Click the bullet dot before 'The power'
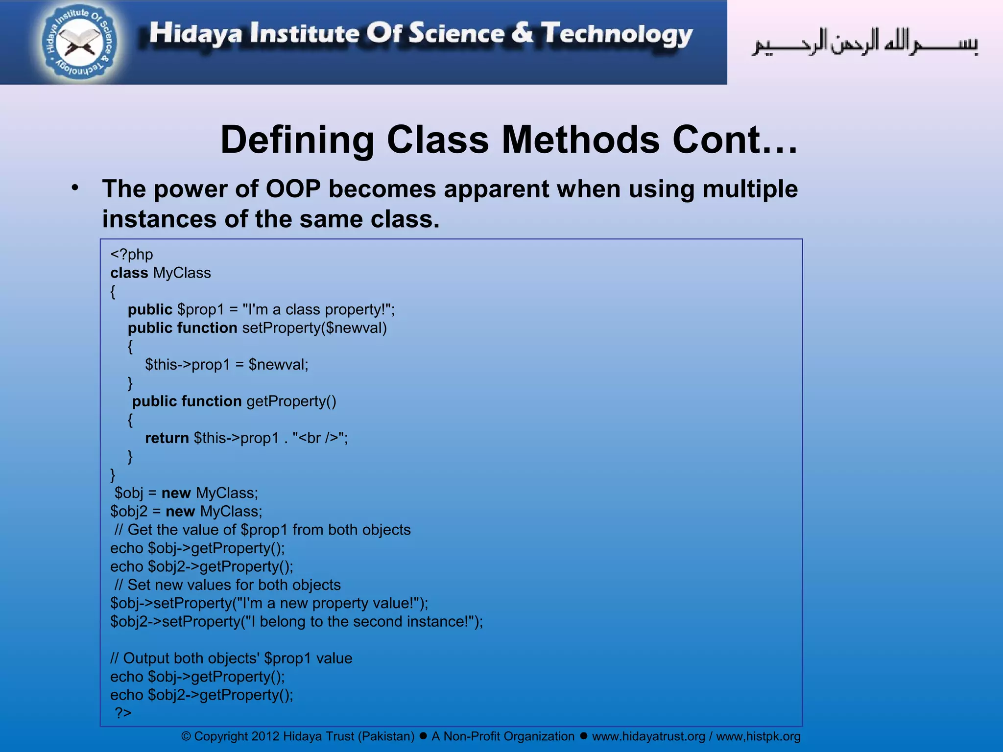[x=75, y=188]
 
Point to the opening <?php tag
[x=131, y=255]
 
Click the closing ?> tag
[x=123, y=713]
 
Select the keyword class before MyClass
[x=129, y=273]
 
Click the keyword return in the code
[x=167, y=438]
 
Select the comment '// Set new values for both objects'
[x=227, y=585]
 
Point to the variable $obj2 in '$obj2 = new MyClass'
[x=128, y=511]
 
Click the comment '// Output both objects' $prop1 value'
[x=231, y=658]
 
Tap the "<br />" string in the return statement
[x=318, y=438]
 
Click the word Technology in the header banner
[x=617, y=34]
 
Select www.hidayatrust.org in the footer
[x=648, y=736]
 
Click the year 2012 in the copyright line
[x=265, y=736]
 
